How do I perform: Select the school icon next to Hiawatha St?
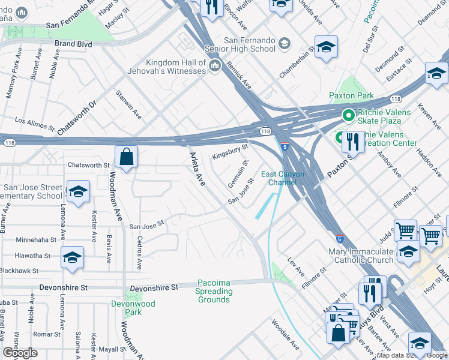pos(72,257)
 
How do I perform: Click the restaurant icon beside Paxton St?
pos(352,142)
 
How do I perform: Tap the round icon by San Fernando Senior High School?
pos(284,43)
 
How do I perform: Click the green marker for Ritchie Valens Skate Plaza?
pos(347,115)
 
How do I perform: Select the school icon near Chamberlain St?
pos(326,47)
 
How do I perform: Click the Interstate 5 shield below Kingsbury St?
pos(284,146)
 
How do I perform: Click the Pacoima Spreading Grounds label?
pos(214,291)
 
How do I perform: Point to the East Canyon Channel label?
pos(283,178)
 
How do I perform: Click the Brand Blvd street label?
pos(73,44)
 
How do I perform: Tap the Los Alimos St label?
pos(35,124)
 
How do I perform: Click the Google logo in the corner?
pos(20,353)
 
